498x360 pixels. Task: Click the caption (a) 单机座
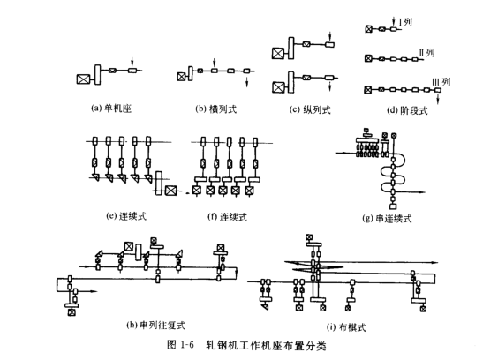(111, 109)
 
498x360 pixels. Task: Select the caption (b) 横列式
(216, 109)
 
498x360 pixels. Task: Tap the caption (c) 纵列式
(310, 109)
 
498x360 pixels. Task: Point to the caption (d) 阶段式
(407, 110)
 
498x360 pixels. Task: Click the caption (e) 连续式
(126, 216)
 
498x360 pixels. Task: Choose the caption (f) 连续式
(227, 217)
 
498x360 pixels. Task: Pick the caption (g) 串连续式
(387, 219)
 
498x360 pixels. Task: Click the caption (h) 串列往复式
(155, 325)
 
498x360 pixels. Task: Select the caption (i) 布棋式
(346, 327)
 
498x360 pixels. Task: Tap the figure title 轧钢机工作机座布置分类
(266, 345)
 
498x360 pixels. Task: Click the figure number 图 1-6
(180, 345)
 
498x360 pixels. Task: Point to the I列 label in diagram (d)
(405, 22)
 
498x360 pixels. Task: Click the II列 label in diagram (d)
(426, 53)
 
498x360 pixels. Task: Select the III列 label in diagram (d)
(441, 82)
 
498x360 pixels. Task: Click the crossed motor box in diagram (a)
(83, 79)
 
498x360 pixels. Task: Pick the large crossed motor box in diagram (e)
(170, 191)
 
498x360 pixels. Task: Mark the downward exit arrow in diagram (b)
(246, 82)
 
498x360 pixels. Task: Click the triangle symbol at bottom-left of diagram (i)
(265, 307)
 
